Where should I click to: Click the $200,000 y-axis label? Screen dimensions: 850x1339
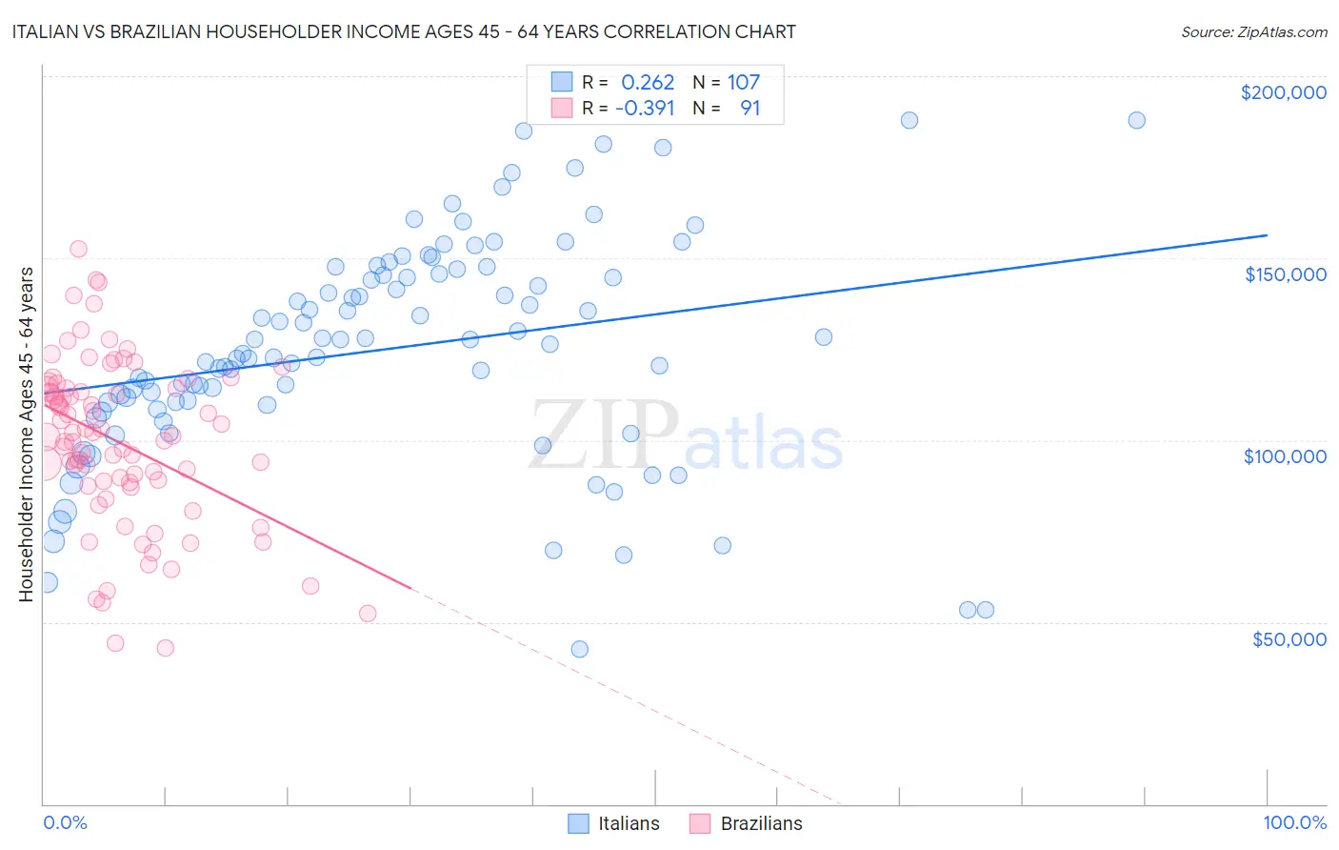pyautogui.click(x=1283, y=92)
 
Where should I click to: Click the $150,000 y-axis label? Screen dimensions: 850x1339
pyautogui.click(x=1285, y=274)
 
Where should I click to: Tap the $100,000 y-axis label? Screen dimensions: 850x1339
pyautogui.click(x=1285, y=456)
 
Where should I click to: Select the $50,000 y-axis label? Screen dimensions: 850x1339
pyautogui.click(x=1289, y=638)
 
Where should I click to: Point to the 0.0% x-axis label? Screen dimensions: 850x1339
pyautogui.click(x=65, y=822)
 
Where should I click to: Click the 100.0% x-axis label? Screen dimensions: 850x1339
pyautogui.click(x=1294, y=822)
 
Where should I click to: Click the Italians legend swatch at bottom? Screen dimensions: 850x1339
pyautogui.click(x=578, y=823)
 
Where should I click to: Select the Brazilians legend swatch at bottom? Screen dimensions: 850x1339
pyautogui.click(x=700, y=823)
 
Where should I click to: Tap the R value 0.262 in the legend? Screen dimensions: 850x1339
pyautogui.click(x=648, y=82)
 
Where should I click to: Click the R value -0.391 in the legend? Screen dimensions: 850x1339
pyautogui.click(x=645, y=108)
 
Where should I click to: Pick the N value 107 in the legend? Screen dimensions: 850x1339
pyautogui.click(x=744, y=82)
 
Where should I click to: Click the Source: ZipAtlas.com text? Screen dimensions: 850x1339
pyautogui.click(x=1253, y=31)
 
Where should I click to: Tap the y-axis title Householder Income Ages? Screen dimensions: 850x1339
pyautogui.click(x=26, y=434)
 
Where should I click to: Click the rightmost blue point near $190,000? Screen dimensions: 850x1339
pyautogui.click(x=1136, y=120)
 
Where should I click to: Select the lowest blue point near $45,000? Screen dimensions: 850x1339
pyautogui.click(x=579, y=649)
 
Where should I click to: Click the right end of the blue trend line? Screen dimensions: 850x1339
pyautogui.click(x=1267, y=234)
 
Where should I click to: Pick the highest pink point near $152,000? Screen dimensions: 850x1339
pyautogui.click(x=78, y=249)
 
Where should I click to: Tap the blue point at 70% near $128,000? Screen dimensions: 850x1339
pyautogui.click(x=824, y=337)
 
